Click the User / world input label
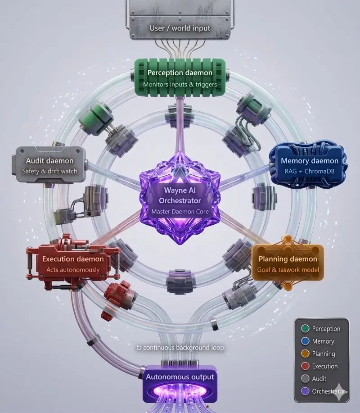coord(180,28)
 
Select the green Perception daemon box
coord(180,77)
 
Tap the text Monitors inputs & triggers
coord(180,85)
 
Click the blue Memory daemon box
coord(308,165)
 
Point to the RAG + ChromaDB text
coord(310,172)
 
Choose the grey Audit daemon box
coord(49,165)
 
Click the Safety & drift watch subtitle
coord(50,172)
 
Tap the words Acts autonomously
coord(73,270)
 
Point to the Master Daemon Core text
coord(180,212)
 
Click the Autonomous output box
coord(180,384)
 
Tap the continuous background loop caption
coord(180,348)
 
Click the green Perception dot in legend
coord(305,328)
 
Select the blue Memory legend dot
coord(305,341)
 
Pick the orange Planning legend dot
coord(305,354)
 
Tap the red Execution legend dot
coord(305,366)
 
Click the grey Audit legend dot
coord(305,378)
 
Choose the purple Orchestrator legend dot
coord(305,391)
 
